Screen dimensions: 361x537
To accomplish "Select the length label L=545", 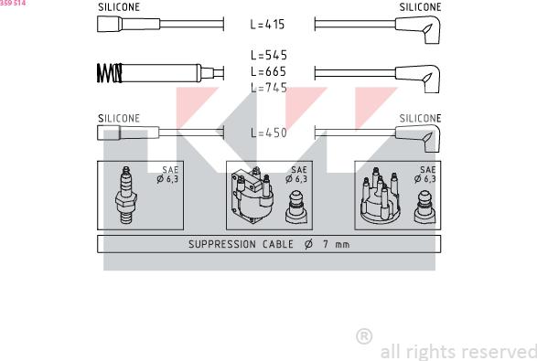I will (x=269, y=55).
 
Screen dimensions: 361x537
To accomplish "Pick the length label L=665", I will (x=269, y=71).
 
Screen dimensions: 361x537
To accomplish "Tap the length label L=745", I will (x=269, y=88).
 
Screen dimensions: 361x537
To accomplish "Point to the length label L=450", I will (x=269, y=133).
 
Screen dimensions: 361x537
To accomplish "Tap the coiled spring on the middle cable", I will (x=109, y=71).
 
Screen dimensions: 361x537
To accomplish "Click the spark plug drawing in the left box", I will (x=125, y=196).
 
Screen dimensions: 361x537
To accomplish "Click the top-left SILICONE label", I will (x=119, y=7).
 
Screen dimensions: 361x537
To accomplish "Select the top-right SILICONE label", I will (x=420, y=7).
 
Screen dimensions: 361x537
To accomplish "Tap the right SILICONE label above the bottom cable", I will (x=420, y=118).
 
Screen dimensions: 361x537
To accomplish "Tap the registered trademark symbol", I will (x=363, y=336).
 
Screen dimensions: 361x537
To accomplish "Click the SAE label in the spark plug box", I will (x=169, y=170).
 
